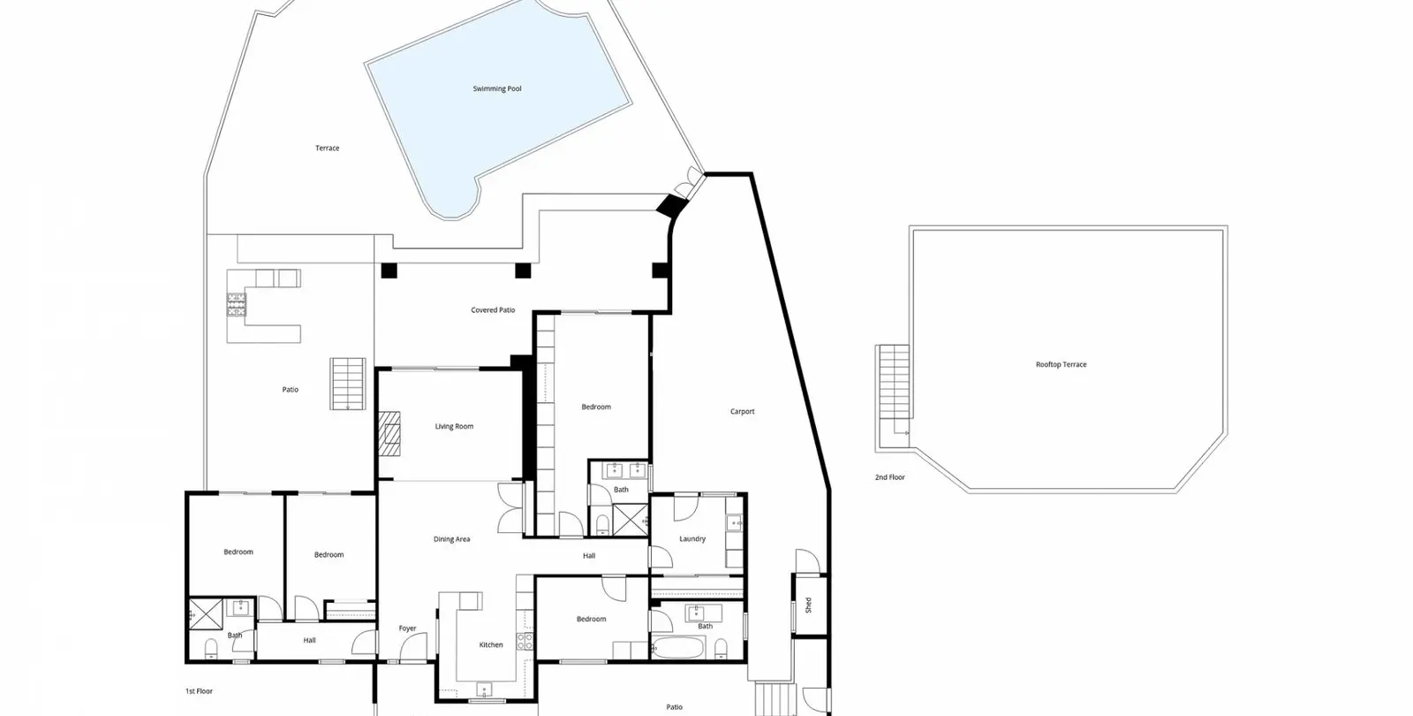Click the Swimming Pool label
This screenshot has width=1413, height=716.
pos(497,89)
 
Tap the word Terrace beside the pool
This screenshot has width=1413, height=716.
pos(328,149)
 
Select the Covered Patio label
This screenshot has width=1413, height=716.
pos(493,310)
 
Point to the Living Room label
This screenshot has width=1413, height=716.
pos(454,427)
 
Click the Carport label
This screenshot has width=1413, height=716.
pos(743,412)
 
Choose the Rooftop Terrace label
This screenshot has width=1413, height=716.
pos(1061,364)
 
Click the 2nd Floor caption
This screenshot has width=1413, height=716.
pos(889,477)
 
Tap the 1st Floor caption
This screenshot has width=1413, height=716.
pos(199,691)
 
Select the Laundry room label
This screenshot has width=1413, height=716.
pos(692,539)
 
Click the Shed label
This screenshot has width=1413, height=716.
pos(808,605)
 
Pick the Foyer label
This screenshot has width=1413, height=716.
pos(407,628)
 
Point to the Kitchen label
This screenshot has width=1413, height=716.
pos(491,644)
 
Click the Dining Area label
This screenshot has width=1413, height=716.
pos(451,539)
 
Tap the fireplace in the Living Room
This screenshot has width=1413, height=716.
pos(389,434)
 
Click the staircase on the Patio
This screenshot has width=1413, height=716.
pos(348,384)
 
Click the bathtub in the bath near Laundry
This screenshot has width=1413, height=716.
pos(678,648)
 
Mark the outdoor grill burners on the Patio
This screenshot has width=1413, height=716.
pos(237,304)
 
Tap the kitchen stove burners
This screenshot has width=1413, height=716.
pos(525,642)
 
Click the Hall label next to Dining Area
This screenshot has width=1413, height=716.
pos(589,556)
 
